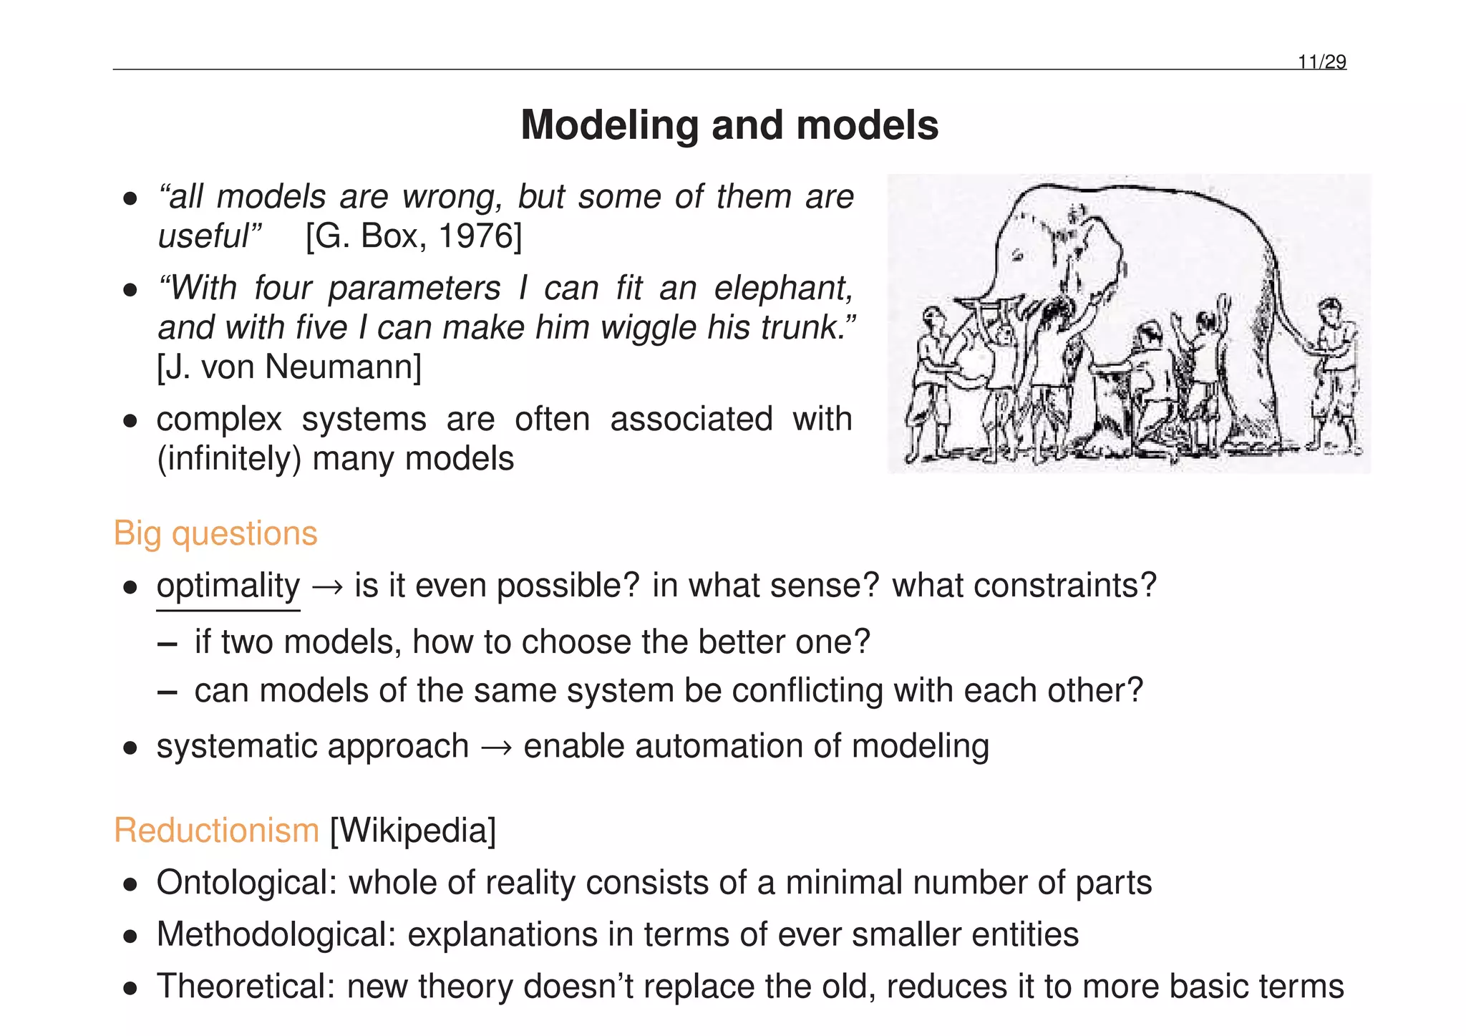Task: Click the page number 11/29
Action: [1322, 62]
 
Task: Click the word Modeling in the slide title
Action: [608, 125]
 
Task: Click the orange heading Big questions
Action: [215, 533]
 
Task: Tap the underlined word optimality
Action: [228, 586]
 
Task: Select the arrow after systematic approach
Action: [496, 747]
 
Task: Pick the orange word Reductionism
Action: [216, 831]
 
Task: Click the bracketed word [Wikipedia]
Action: [413, 831]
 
